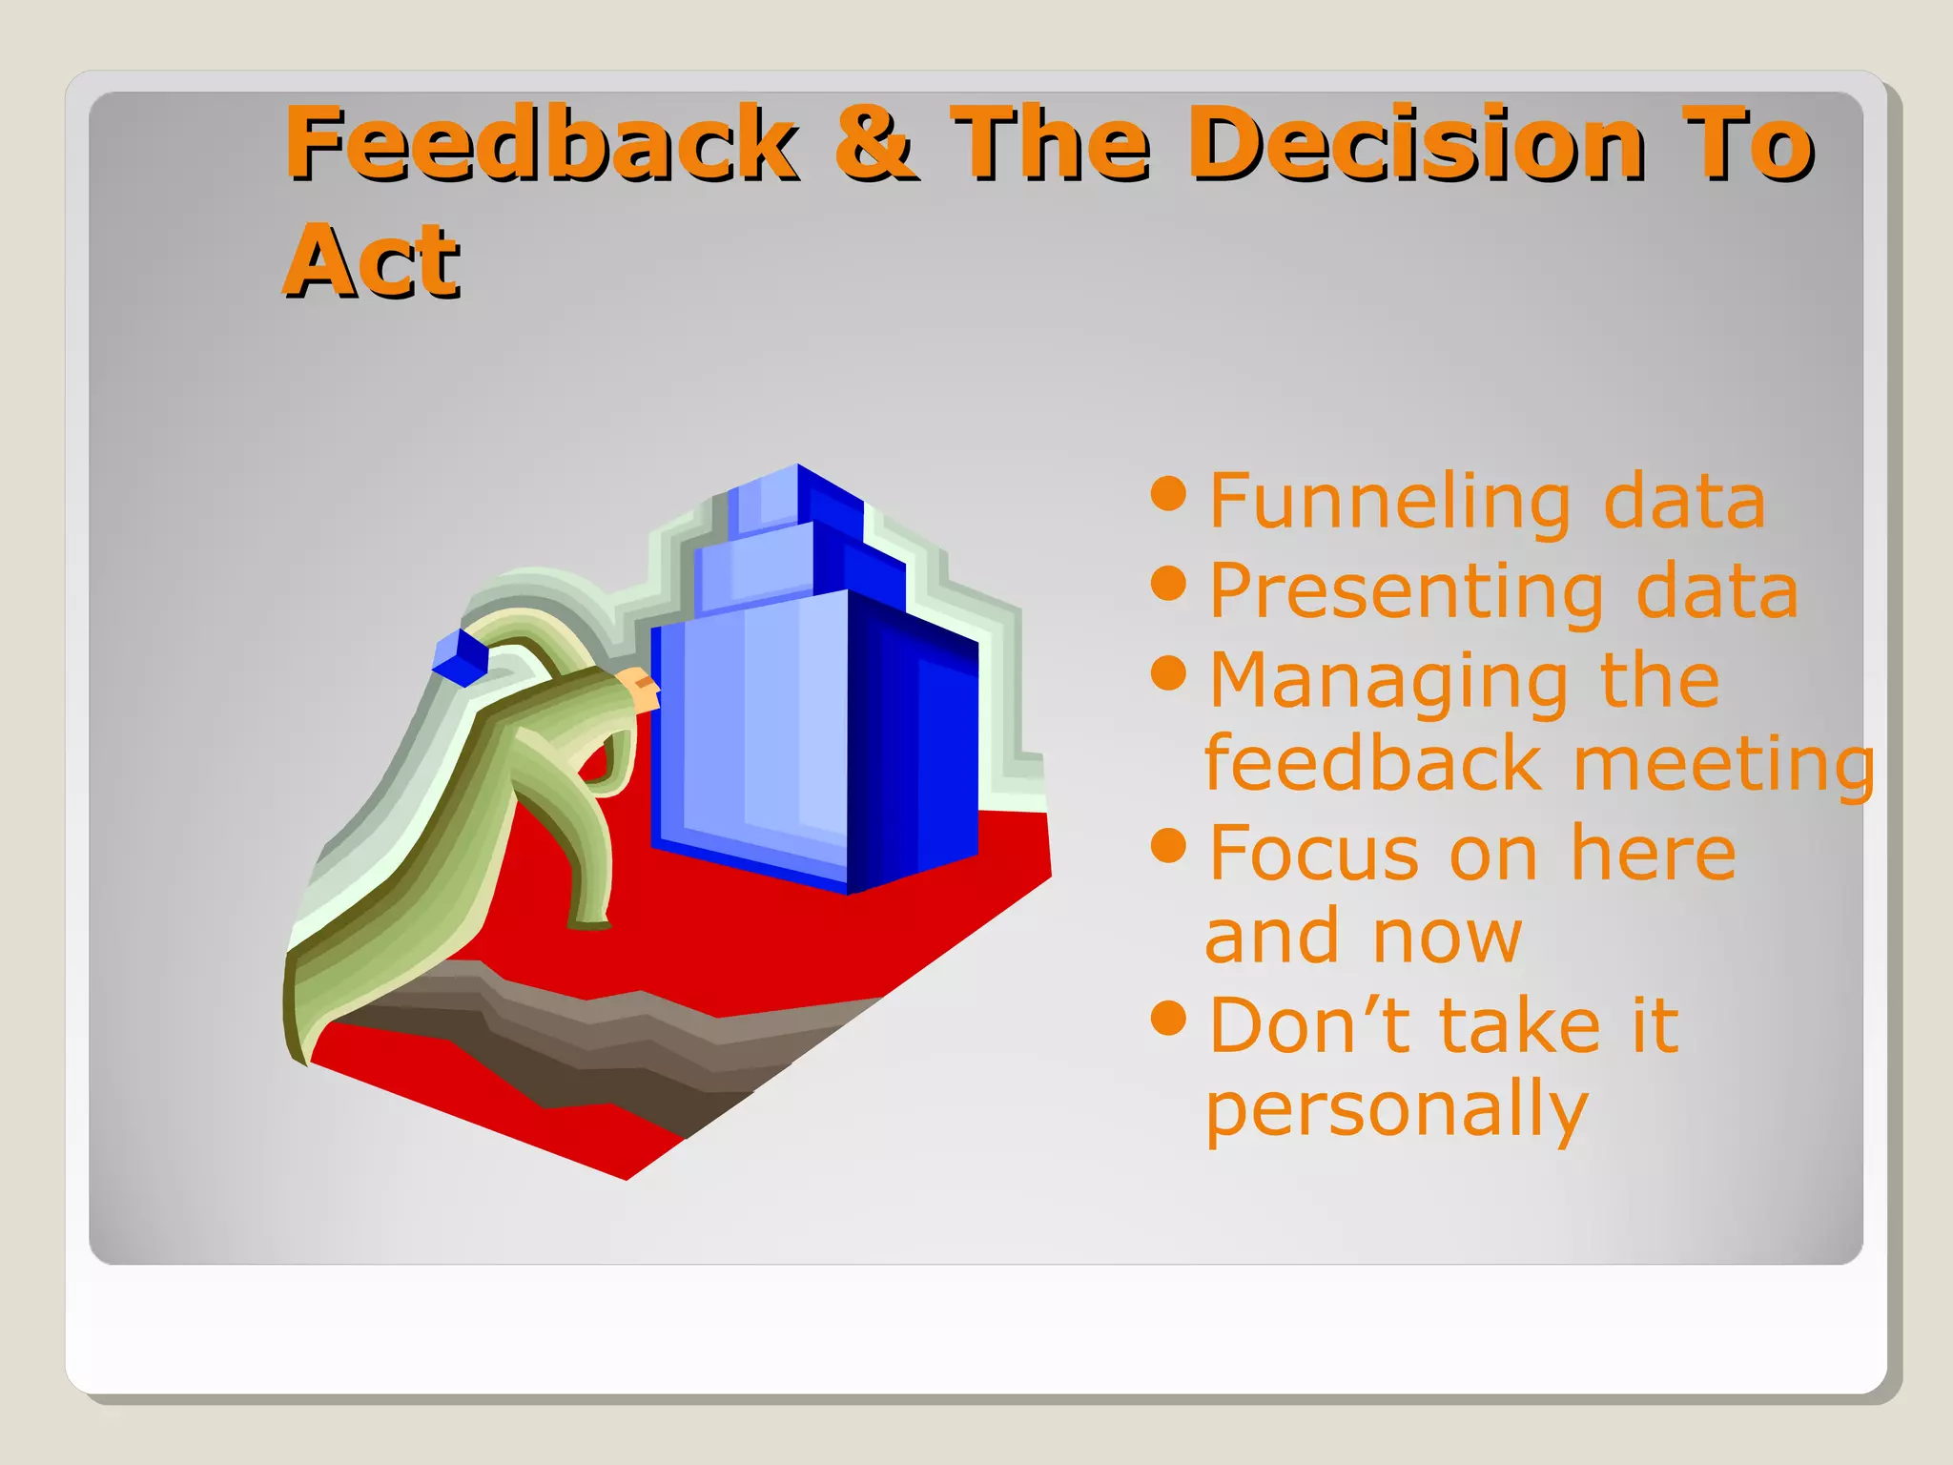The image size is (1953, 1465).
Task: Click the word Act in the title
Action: tap(372, 259)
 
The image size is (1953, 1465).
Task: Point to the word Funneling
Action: tap(1389, 503)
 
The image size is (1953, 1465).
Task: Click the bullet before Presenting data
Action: tap(1168, 583)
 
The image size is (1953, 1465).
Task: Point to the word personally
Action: tap(1396, 1110)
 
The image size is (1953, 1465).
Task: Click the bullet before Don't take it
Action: tap(1168, 1018)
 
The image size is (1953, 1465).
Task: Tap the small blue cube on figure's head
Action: tap(461, 657)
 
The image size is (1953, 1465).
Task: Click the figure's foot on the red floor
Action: tap(589, 921)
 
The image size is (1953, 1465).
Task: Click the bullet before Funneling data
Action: tap(1168, 493)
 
